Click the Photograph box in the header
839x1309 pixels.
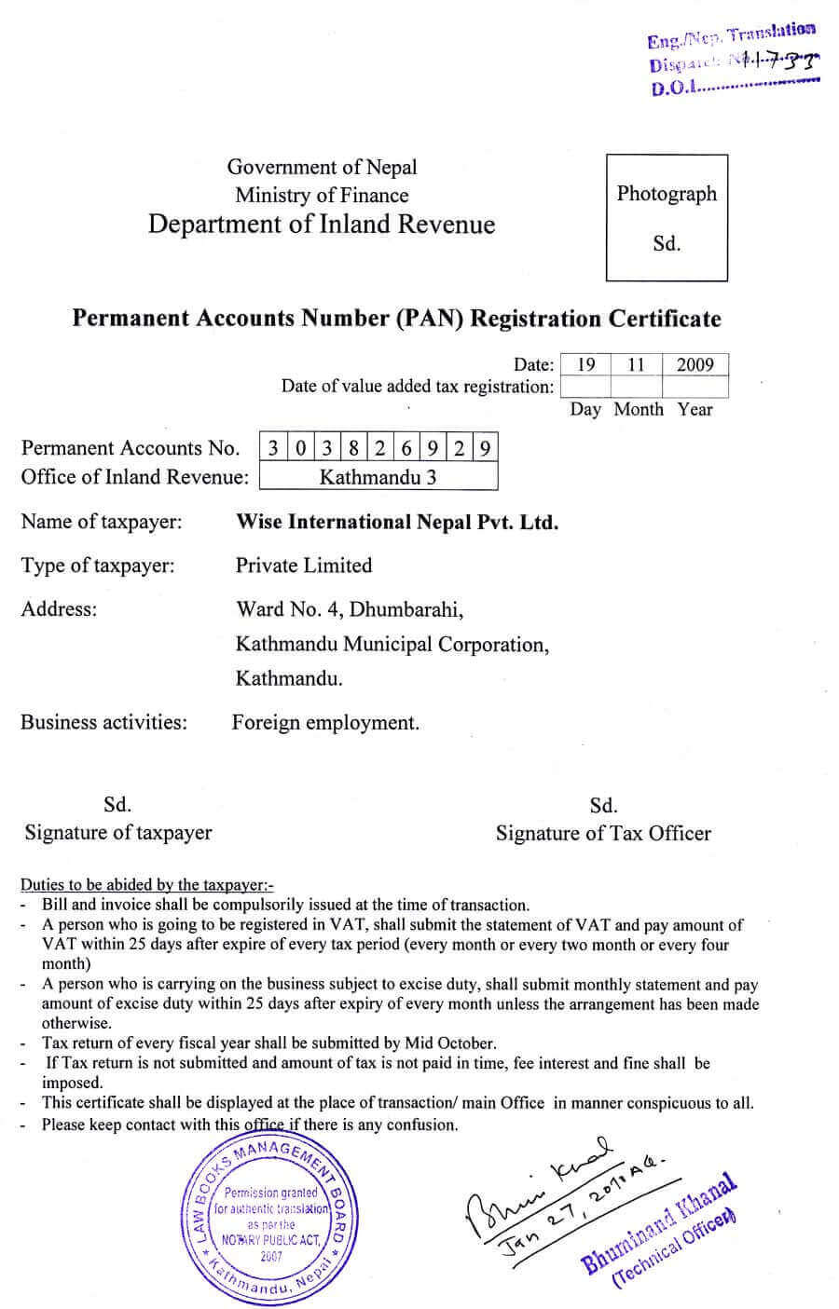click(x=667, y=218)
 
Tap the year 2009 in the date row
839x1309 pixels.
click(x=695, y=364)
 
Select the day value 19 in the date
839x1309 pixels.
click(x=585, y=364)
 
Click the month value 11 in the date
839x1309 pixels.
click(x=636, y=364)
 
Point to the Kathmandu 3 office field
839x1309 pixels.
click(x=378, y=477)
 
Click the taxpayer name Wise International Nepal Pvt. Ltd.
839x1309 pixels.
click(x=397, y=522)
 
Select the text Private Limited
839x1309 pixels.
click(x=304, y=566)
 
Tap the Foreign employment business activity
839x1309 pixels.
click(x=325, y=723)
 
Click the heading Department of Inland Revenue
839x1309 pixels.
click(x=322, y=225)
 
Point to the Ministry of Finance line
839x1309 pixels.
click(x=322, y=195)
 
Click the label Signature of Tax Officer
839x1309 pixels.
click(x=603, y=833)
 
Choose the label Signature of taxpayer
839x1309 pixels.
click(x=118, y=833)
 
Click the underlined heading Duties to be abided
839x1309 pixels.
click(x=147, y=885)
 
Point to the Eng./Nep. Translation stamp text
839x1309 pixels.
click(x=731, y=38)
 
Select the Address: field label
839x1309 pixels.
click(x=59, y=609)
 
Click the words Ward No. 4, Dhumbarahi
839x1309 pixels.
click(x=350, y=609)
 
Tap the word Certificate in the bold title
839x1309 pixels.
click(x=665, y=319)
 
